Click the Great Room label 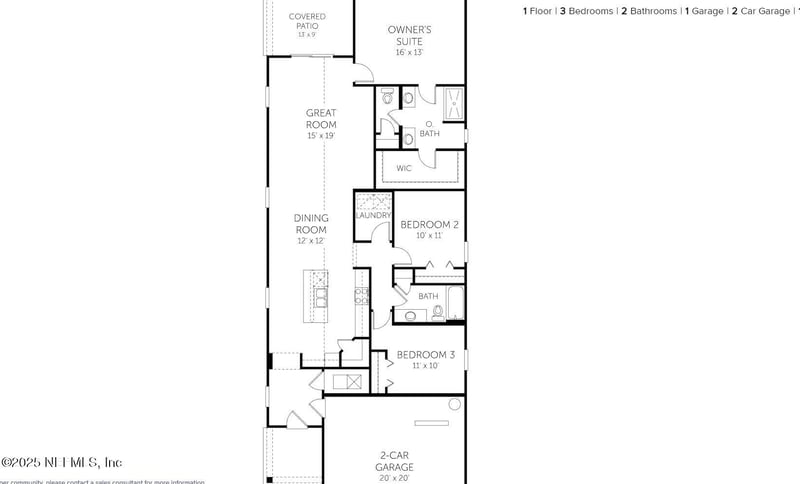321,119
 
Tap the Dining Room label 311,224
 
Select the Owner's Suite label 410,36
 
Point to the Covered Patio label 307,17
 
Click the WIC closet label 404,168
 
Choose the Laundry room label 372,215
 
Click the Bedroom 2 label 429,225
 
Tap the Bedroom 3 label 426,355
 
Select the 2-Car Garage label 394,461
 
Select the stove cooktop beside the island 361,295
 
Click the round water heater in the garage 455,404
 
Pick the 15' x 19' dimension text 321,135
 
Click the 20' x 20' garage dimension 394,477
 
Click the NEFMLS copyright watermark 62,462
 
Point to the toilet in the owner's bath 408,98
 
